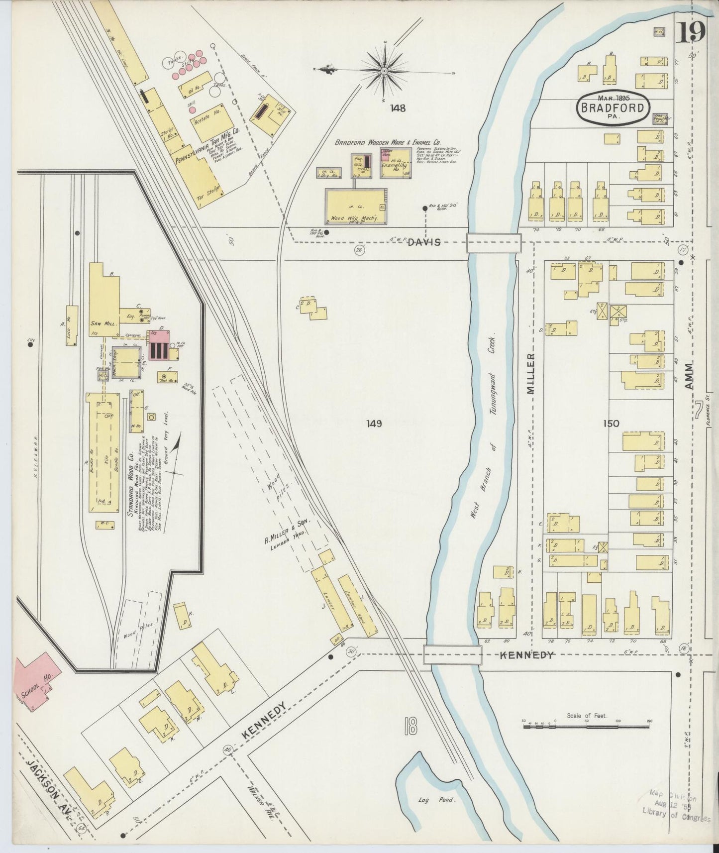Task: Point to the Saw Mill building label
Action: coord(103,323)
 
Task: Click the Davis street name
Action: coord(424,242)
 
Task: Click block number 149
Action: coord(374,424)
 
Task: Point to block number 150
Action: coord(611,424)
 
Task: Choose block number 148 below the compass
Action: coord(398,107)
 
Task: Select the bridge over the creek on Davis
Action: coord(494,243)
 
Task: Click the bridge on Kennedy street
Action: coord(452,654)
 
